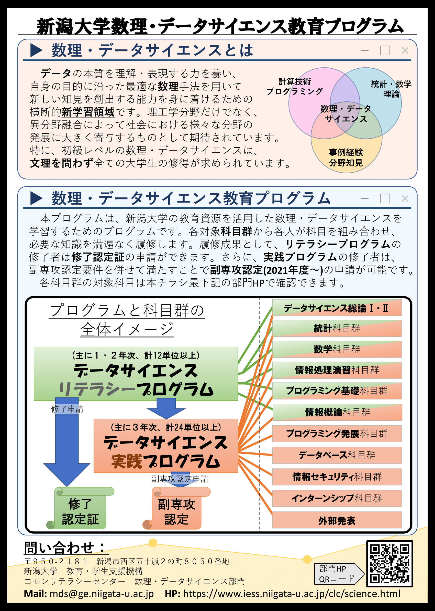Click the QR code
tap(389, 564)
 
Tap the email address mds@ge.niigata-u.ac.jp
tap(102, 594)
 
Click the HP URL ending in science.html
tap(292, 594)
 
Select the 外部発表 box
tap(337, 520)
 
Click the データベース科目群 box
tap(337, 455)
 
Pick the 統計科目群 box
tap(337, 328)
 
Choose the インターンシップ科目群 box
tap(337, 498)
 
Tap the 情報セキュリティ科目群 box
tap(337, 477)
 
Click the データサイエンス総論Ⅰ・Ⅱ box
tap(337, 308)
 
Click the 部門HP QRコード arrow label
tap(339, 574)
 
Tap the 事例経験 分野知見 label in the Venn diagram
tap(346, 157)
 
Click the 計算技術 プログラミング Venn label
tap(295, 86)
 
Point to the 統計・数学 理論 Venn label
tap(391, 89)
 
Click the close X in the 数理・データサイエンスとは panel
tap(405, 50)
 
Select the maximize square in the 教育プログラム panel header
tap(385, 198)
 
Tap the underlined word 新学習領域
tap(88, 112)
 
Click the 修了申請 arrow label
tap(67, 409)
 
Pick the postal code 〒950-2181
tap(56, 561)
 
